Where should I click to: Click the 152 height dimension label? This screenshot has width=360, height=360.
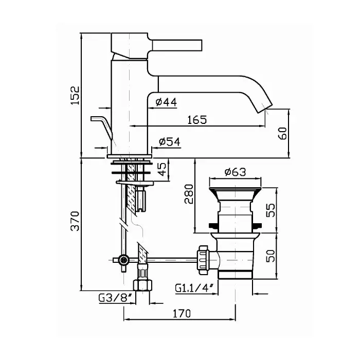75,96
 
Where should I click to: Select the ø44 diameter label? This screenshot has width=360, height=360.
166,102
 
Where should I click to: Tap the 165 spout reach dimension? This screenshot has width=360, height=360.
197,120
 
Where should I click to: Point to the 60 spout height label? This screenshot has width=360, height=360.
282,133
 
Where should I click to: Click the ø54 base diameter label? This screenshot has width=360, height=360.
169,142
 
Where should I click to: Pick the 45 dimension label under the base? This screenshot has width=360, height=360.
162,169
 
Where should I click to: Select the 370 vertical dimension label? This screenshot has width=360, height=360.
75,221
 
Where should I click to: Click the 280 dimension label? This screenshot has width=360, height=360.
189,194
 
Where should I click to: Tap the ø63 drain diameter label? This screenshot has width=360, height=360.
235,172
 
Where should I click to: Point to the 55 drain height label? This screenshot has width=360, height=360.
271,210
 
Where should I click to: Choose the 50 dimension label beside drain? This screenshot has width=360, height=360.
271,256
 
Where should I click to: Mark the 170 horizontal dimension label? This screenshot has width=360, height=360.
182,313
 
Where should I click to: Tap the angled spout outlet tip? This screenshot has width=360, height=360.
263,107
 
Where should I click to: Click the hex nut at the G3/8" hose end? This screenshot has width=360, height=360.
142,285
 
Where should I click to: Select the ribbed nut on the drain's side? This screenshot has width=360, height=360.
203,260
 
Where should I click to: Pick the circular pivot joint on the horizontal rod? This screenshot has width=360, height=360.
123,260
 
